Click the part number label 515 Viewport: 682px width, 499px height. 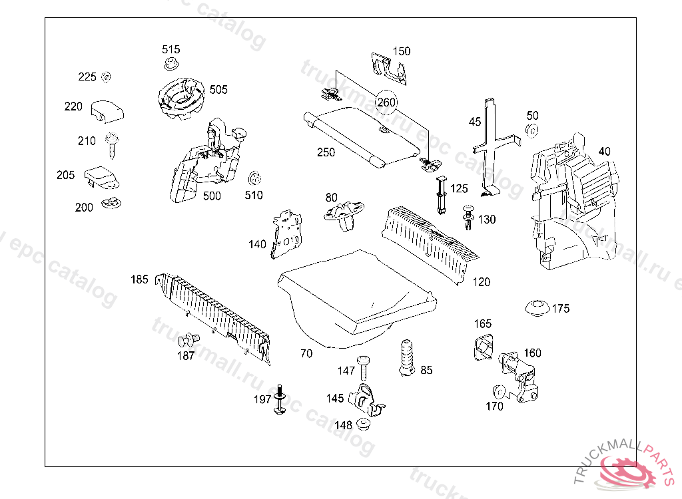coord(171,50)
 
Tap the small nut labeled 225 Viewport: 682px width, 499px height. coord(105,77)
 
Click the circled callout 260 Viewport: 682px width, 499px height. coord(386,102)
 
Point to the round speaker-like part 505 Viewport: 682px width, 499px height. coord(180,99)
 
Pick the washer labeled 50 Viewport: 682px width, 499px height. coord(531,130)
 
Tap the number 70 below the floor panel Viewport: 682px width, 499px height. coord(306,354)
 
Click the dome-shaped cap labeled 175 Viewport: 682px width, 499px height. coord(537,308)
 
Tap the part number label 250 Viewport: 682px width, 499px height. coord(326,152)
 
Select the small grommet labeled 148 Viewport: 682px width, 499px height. coord(364,424)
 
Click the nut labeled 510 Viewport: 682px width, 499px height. coord(253,180)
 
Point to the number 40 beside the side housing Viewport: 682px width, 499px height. coord(604,151)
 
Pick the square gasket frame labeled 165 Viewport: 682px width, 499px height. coord(482,347)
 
